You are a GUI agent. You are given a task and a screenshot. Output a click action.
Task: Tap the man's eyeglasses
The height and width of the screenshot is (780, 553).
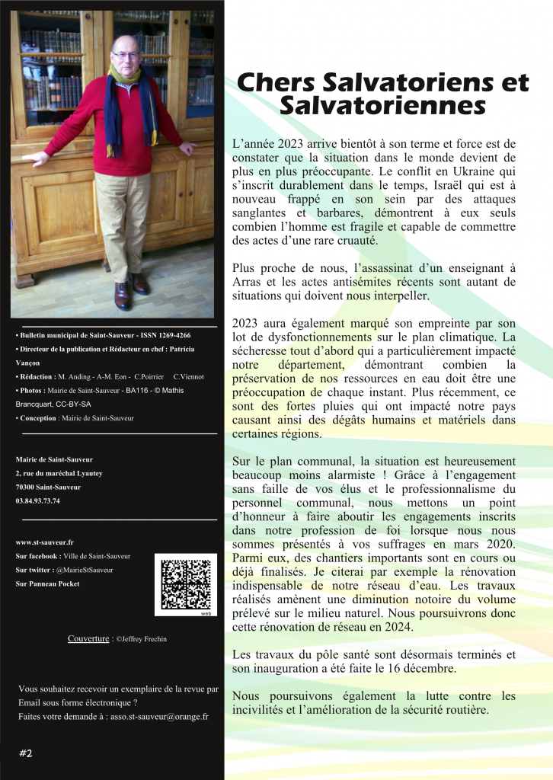point(123,56)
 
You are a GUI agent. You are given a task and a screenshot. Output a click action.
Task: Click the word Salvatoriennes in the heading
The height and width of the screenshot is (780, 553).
point(382,105)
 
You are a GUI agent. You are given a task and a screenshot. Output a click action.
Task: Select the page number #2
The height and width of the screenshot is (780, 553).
point(25,753)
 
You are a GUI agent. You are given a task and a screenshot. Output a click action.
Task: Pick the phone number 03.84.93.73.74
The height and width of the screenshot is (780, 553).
point(37,500)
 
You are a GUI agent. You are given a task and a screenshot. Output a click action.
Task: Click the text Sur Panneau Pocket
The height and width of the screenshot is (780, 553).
point(47,583)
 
